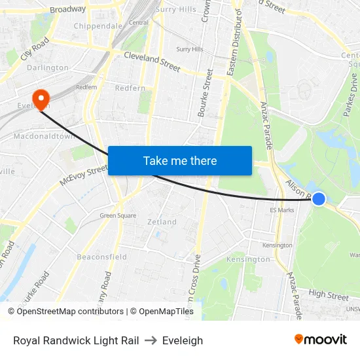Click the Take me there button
pyautogui.click(x=180, y=160)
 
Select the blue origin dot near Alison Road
pyautogui.click(x=319, y=198)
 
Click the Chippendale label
pyautogui.click(x=98, y=26)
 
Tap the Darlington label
pyautogui.click(x=48, y=67)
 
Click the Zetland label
pyautogui.click(x=162, y=222)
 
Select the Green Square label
pyautogui.click(x=118, y=215)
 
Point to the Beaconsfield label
pyautogui.click(x=102, y=257)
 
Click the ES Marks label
pyautogui.click(x=282, y=210)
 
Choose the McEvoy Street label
pyautogui.click(x=83, y=175)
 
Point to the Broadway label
pyautogui.click(x=67, y=9)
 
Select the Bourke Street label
pyautogui.click(x=202, y=92)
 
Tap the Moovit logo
pyautogui.click(x=321, y=340)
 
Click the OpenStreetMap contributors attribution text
pyautogui.click(x=70, y=312)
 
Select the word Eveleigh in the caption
pyautogui.click(x=183, y=340)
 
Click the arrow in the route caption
pyautogui.click(x=151, y=340)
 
